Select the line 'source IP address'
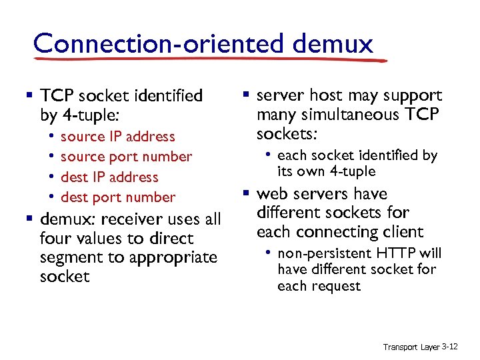click(117, 137)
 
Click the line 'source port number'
click(126, 157)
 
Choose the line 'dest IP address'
click(109, 177)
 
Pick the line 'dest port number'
click(118, 197)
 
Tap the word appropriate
click(175, 257)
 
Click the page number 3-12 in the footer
click(450, 347)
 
